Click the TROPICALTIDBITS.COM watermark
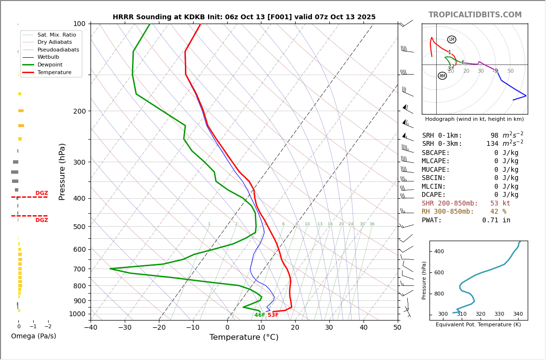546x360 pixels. tap(475, 15)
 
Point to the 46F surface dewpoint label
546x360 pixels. tap(260, 315)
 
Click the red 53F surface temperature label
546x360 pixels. tap(273, 315)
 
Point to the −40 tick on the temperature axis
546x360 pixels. tap(91, 328)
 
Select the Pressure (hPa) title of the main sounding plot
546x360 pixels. tap(62, 171)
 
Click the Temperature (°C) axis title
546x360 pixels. tap(244, 337)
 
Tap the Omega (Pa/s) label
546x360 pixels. tap(34, 336)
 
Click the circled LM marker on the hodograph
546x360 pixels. tap(452, 39)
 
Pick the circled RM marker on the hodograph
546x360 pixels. tap(442, 76)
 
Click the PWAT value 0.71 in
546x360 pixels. tap(496, 220)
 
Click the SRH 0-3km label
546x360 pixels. tap(442, 144)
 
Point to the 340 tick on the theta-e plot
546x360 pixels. tap(518, 314)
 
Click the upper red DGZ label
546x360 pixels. tap(41, 193)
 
